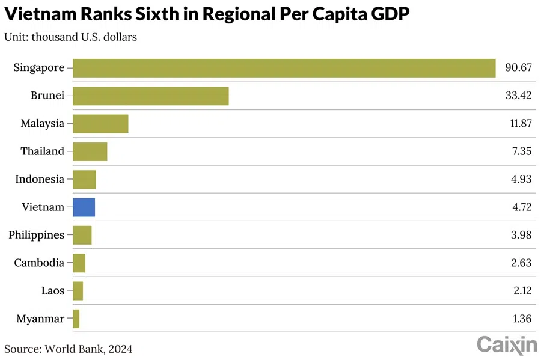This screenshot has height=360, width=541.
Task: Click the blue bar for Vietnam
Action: (x=84, y=207)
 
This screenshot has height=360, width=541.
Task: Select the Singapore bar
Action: (x=284, y=68)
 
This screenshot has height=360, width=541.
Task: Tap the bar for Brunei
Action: (x=150, y=96)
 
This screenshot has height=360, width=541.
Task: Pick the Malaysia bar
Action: (x=100, y=123)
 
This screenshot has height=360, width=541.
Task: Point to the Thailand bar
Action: (x=90, y=151)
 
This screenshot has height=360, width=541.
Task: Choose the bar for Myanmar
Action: (x=76, y=319)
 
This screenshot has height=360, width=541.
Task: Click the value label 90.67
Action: (x=518, y=68)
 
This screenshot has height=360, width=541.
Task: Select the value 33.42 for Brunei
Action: (x=518, y=96)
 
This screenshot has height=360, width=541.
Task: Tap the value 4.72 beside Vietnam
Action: (x=521, y=207)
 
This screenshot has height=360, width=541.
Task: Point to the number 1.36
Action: (x=521, y=319)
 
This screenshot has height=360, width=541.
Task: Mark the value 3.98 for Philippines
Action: (x=521, y=235)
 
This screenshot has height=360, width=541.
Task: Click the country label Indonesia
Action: (x=40, y=179)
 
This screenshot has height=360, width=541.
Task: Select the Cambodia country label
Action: (x=40, y=263)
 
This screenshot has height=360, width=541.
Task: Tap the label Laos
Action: (x=52, y=291)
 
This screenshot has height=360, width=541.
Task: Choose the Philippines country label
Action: (x=36, y=235)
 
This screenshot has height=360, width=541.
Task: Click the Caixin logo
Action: (x=507, y=344)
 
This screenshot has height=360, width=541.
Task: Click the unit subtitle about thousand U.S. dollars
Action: (x=70, y=37)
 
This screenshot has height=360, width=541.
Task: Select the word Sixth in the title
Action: (x=168, y=15)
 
